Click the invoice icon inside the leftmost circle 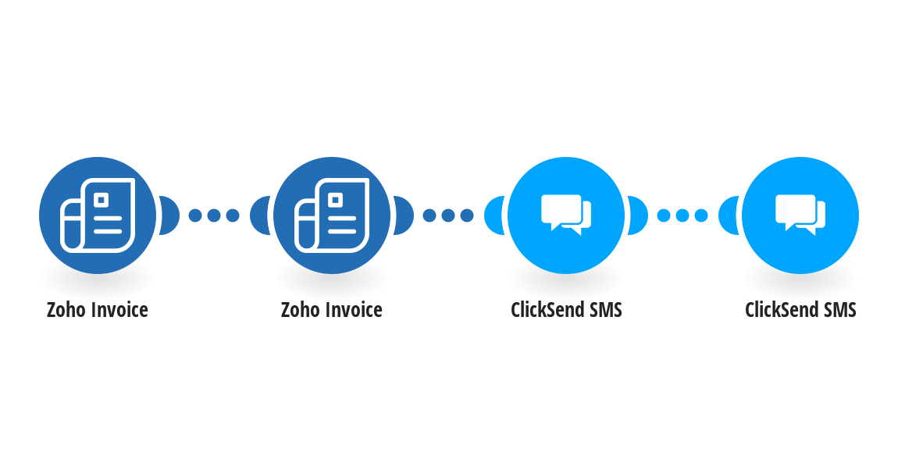point(98,215)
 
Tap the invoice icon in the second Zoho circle point(332,215)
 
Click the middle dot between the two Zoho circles point(214,215)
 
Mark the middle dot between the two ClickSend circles point(682,215)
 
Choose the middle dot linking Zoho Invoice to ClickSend point(448,215)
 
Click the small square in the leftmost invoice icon point(102,200)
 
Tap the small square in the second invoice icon point(337,200)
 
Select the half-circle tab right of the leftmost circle point(169,215)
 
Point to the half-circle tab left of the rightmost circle point(729,215)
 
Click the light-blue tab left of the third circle point(494,215)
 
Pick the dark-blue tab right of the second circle point(404,215)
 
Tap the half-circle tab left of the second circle point(260,215)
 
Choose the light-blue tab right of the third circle point(638,215)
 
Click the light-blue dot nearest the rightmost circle point(701,215)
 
